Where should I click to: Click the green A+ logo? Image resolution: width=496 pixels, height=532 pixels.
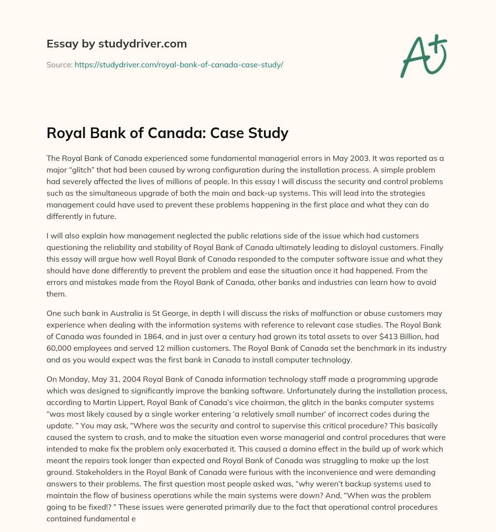(423, 56)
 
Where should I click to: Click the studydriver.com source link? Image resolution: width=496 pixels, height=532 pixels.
(178, 64)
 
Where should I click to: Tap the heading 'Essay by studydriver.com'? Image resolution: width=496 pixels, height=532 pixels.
(116, 44)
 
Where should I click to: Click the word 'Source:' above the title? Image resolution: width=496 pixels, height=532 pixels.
(59, 64)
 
